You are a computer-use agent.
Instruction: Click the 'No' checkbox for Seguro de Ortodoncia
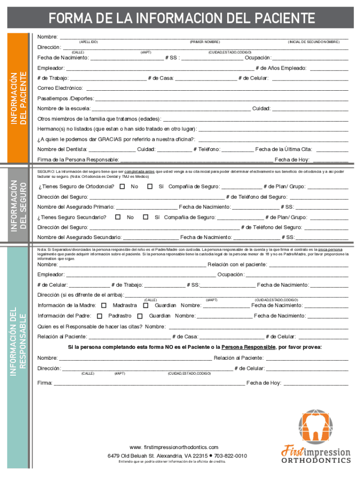(x=122, y=187)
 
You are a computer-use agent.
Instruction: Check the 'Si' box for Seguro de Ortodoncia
(x=150, y=187)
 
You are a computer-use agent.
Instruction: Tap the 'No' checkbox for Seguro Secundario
(x=118, y=217)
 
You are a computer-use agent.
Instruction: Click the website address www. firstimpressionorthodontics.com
(x=174, y=447)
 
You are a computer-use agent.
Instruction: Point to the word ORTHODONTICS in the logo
(x=316, y=460)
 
